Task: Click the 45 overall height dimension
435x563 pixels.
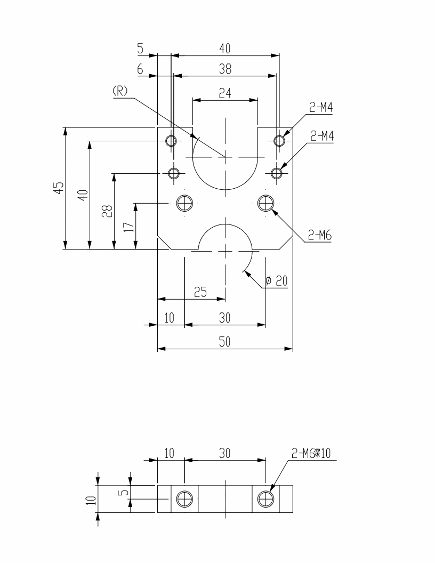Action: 60,188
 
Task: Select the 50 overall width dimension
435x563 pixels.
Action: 224,342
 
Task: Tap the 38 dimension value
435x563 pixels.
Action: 225,69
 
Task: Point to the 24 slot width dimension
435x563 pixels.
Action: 225,93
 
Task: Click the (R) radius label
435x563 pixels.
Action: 120,91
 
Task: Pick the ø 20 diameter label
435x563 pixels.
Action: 276,280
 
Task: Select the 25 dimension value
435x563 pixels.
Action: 200,292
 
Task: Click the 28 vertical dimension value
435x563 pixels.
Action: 108,211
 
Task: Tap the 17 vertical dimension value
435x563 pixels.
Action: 129,227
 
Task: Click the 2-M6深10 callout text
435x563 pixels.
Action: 311,454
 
